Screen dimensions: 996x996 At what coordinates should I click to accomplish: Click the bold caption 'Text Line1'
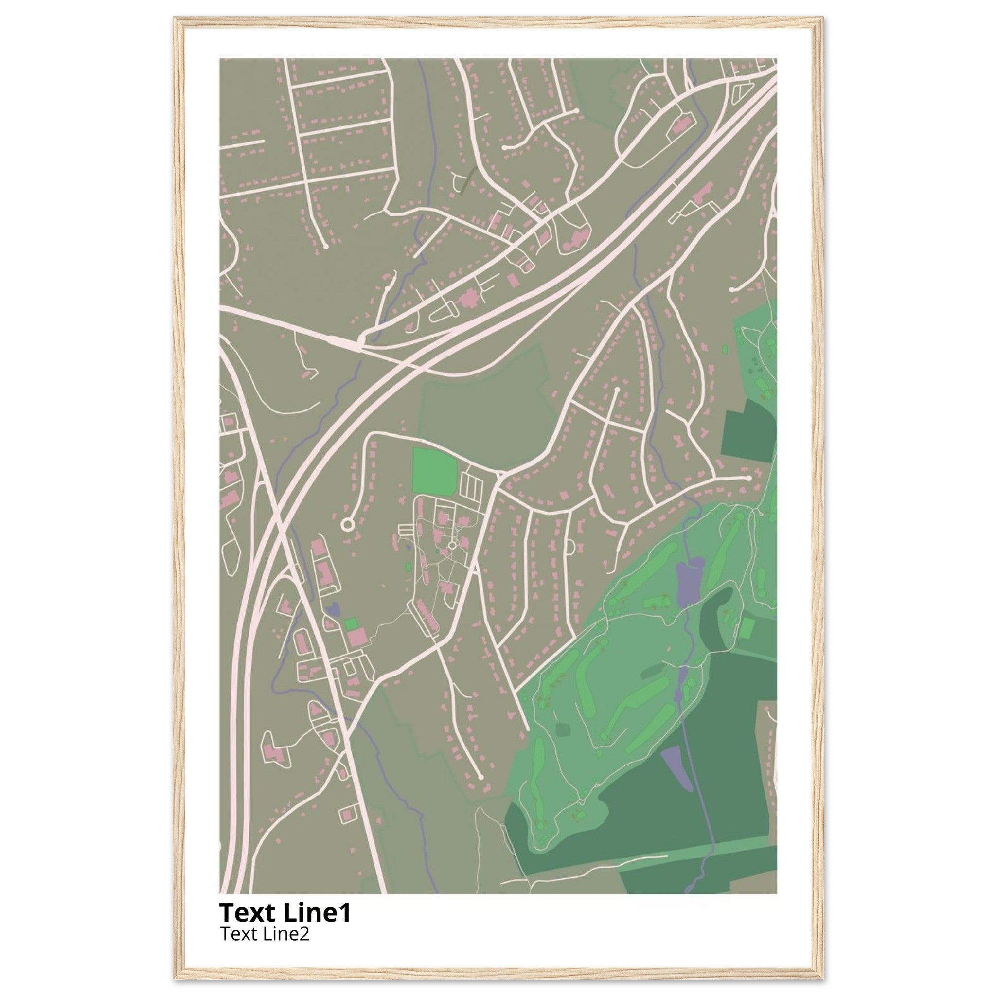click(285, 912)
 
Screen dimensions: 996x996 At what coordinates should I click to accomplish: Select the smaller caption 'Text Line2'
click(265, 934)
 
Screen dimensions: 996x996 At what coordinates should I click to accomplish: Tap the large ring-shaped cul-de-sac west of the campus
click(347, 525)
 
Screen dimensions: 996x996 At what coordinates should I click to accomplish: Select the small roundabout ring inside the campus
click(452, 545)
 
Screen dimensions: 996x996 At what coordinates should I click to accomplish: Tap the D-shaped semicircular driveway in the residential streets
click(569, 547)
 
